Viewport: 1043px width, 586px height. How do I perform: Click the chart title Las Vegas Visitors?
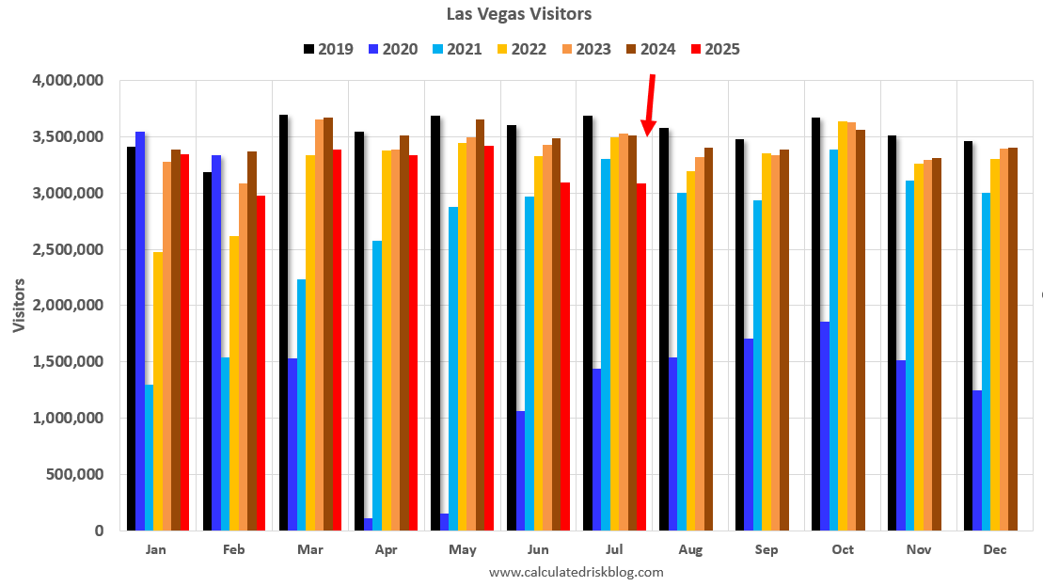click(x=520, y=14)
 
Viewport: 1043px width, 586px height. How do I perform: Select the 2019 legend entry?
click(x=328, y=49)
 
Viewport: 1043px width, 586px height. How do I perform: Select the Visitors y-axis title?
click(x=19, y=306)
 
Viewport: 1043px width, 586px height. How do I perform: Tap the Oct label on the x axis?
click(x=843, y=550)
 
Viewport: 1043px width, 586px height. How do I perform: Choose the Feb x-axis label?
click(x=234, y=550)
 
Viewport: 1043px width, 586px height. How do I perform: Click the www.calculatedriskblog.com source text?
click(x=577, y=572)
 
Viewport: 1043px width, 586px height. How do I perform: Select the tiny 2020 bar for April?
click(x=368, y=524)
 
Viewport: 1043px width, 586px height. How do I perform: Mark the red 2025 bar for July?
click(x=640, y=356)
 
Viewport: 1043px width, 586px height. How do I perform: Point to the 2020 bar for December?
click(x=976, y=460)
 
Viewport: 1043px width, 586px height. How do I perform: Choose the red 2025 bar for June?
click(x=564, y=356)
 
